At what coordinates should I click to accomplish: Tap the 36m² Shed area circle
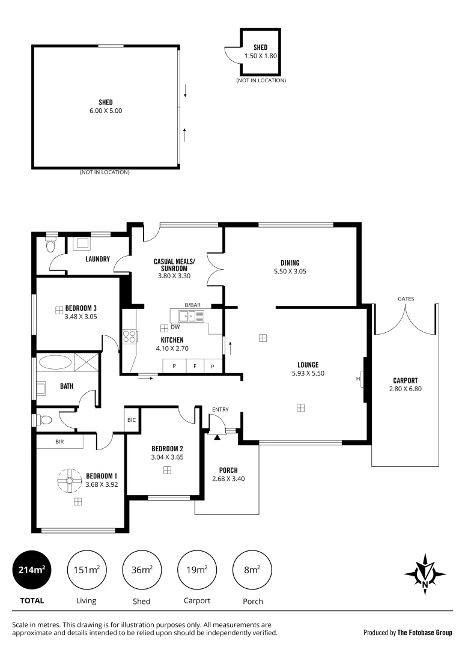[x=141, y=570]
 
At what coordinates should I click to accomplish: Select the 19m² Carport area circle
[x=197, y=570]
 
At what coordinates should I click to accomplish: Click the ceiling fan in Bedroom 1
[x=70, y=480]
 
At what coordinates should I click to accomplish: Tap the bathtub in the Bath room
[x=54, y=362]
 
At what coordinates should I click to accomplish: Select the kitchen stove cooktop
[x=129, y=337]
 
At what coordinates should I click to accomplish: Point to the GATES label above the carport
[x=406, y=299]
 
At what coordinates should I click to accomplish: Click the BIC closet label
[x=132, y=420]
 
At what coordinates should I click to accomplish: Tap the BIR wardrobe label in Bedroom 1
[x=59, y=442]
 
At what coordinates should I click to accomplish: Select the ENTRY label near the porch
[x=220, y=410]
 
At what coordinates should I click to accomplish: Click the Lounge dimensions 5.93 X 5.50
[x=307, y=373]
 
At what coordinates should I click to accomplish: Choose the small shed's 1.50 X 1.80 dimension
[x=260, y=56]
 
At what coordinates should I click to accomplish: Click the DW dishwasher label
[x=175, y=328]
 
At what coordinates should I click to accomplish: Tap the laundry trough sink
[x=81, y=243]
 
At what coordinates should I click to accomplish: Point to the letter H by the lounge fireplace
[x=358, y=379]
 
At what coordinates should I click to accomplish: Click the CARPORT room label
[x=405, y=380]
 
